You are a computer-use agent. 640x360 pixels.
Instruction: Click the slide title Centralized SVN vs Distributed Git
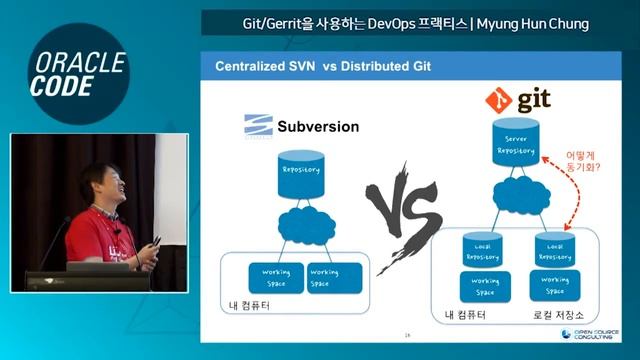click(x=315, y=67)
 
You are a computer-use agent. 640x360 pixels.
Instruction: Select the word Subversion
click(x=317, y=127)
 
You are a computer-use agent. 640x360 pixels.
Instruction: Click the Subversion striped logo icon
click(x=258, y=127)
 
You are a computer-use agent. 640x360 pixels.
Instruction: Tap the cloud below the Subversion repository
click(x=302, y=225)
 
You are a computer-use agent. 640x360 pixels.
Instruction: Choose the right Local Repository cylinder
click(x=554, y=252)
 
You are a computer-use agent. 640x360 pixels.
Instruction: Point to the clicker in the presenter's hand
click(x=156, y=240)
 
